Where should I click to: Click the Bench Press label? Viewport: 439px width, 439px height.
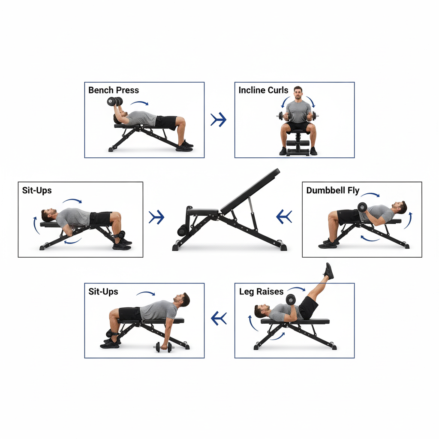pyautogui.click(x=114, y=90)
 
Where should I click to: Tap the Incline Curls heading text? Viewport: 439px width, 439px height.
pyautogui.click(x=263, y=90)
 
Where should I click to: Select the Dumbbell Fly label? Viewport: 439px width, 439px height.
pyautogui.click(x=333, y=190)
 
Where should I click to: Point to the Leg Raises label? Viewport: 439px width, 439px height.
pyautogui.click(x=261, y=292)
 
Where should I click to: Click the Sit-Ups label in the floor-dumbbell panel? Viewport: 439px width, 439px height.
pyautogui.click(x=103, y=292)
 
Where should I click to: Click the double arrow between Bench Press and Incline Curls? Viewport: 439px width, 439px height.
pyautogui.click(x=219, y=120)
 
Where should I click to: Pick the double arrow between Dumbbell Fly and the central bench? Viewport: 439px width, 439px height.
pyautogui.click(x=284, y=216)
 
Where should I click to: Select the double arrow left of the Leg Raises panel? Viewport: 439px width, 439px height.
pyautogui.click(x=219, y=318)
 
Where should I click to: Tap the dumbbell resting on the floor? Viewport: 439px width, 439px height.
pyautogui.click(x=163, y=347)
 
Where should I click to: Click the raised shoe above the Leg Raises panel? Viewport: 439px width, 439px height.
pyautogui.click(x=329, y=271)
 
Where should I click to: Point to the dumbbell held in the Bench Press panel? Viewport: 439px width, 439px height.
pyautogui.click(x=114, y=102)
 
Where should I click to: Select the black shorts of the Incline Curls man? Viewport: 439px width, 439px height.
pyautogui.click(x=298, y=127)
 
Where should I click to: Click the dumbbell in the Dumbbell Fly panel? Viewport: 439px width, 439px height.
pyautogui.click(x=362, y=207)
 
